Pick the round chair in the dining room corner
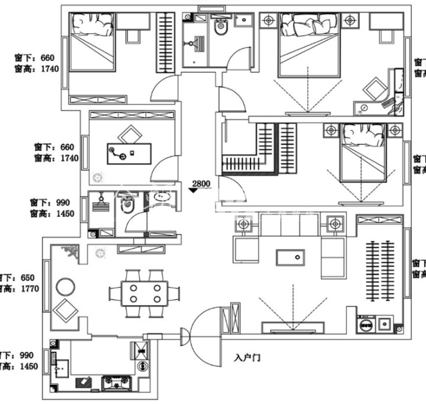(x=65, y=285)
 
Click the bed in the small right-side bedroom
(x=364, y=154)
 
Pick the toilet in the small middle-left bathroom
(x=127, y=206)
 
